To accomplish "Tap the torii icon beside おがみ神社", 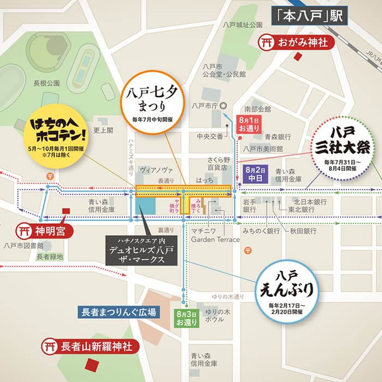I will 267,41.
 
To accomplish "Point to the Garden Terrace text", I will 215,240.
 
